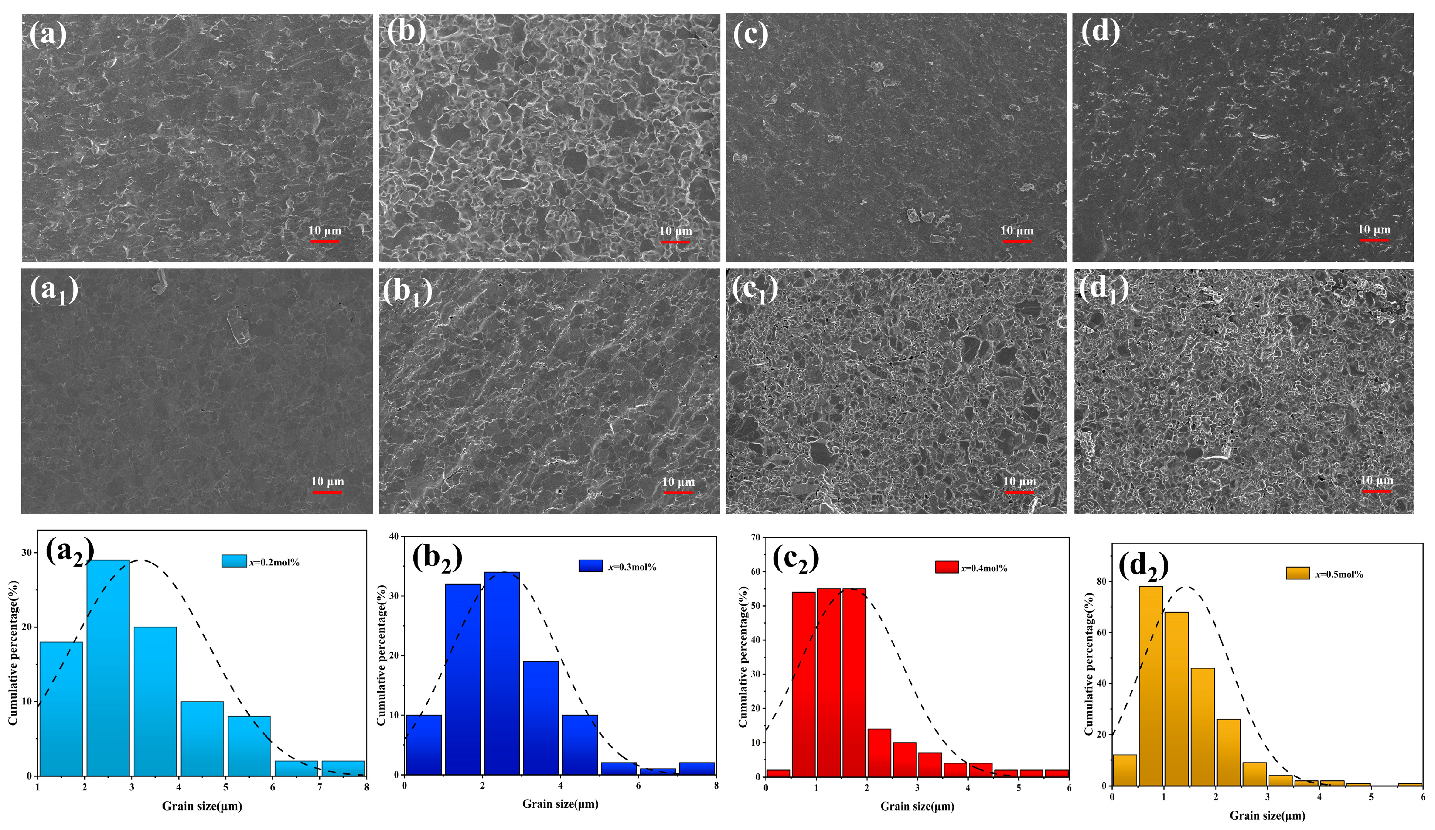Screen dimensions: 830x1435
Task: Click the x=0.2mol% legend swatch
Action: pos(234,561)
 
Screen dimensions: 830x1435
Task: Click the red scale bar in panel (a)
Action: pos(325,241)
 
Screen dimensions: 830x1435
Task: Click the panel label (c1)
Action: pos(755,290)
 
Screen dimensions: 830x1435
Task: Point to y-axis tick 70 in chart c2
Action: pos(756,537)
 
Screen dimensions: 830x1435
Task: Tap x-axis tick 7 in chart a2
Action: pos(319,787)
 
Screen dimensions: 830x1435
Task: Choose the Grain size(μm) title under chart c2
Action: pos(917,806)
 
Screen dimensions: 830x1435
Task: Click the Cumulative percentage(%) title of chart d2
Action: pos(1088,664)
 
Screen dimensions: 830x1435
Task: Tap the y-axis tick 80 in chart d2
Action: pos(1102,581)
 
